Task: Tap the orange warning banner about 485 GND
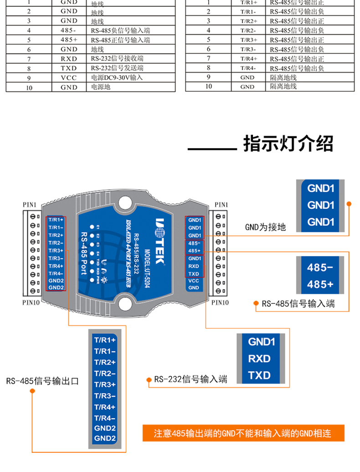tap(242, 433)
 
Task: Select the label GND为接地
tap(265, 226)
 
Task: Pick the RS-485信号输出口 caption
tap(42, 381)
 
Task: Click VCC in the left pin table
tap(69, 77)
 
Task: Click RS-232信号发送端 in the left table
tap(117, 68)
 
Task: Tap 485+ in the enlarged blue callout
tap(320, 284)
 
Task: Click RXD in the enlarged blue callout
tap(259, 359)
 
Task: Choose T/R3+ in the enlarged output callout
tap(105, 385)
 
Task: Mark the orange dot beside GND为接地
tap(349, 204)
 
